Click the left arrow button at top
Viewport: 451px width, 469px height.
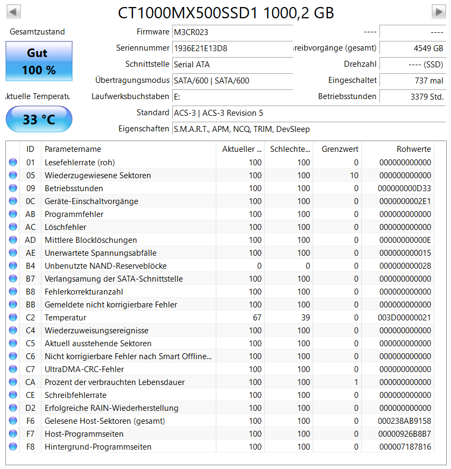click(x=13, y=11)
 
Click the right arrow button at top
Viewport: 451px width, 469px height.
click(x=438, y=11)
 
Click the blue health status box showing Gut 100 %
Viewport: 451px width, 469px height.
click(x=38, y=61)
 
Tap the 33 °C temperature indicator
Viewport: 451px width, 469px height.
click(x=38, y=119)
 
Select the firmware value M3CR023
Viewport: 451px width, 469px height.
click(x=191, y=32)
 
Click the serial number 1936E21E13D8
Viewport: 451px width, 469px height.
click(x=200, y=48)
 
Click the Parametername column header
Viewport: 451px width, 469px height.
click(x=73, y=149)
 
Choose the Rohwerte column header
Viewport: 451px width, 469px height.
click(x=413, y=149)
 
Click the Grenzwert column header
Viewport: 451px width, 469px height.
click(x=340, y=149)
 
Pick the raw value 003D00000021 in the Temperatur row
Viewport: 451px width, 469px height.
click(x=404, y=318)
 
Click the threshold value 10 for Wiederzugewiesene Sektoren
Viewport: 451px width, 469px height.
click(x=354, y=176)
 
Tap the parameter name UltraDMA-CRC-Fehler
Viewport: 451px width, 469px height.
click(x=84, y=369)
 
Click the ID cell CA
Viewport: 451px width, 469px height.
click(x=30, y=382)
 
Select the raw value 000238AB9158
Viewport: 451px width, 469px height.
click(x=404, y=421)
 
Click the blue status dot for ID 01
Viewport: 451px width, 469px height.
click(x=13, y=163)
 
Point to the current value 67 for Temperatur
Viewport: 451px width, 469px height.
click(x=257, y=318)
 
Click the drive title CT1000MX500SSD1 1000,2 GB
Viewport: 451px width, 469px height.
click(x=225, y=12)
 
